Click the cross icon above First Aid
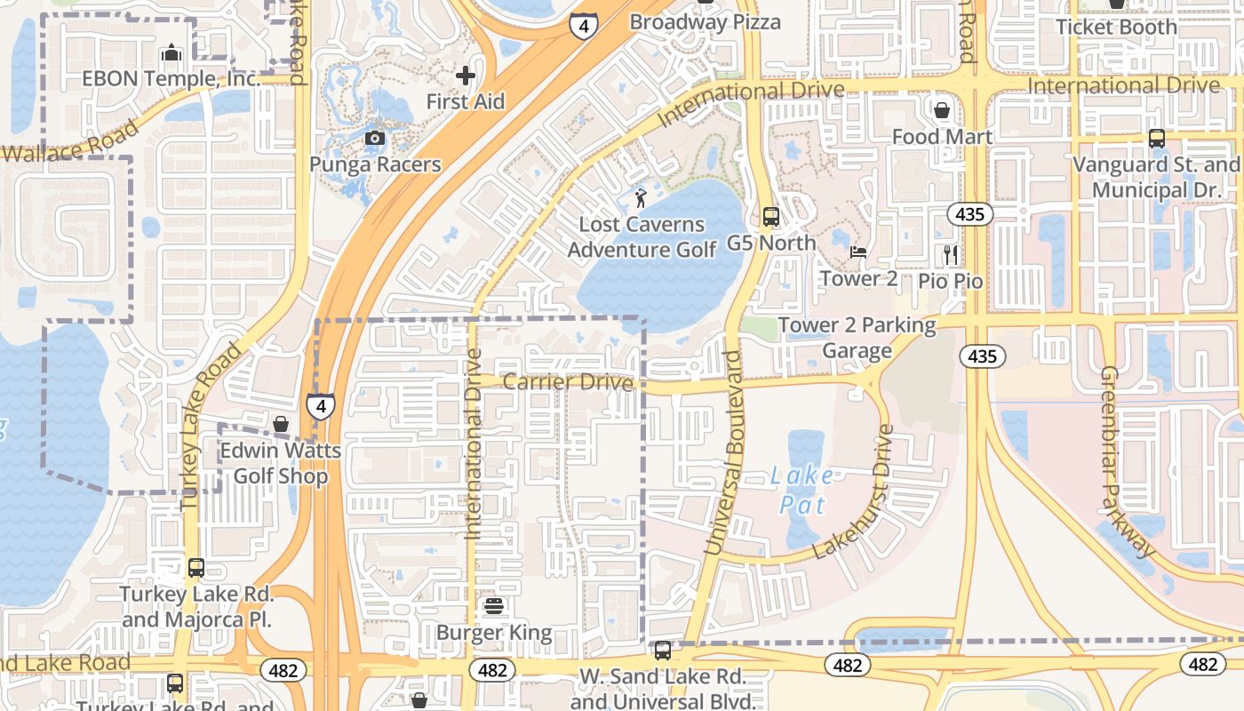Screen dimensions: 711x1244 465,76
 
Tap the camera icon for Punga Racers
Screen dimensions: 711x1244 375,138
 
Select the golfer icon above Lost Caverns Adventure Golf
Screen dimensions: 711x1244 641,197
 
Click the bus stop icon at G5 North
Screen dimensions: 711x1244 770,217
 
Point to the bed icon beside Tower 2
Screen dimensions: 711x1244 858,252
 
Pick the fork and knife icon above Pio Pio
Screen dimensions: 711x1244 951,255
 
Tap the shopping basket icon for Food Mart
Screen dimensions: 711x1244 941,110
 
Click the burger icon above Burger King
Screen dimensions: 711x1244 494,607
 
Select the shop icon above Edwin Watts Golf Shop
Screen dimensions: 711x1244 281,424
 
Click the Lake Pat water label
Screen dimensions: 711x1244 802,491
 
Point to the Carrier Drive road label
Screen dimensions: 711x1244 568,382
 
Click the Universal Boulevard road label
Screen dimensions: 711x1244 723,453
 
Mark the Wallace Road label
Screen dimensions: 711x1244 69,142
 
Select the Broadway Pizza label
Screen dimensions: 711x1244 705,21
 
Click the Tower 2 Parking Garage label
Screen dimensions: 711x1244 857,338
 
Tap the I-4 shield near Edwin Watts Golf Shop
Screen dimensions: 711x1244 321,406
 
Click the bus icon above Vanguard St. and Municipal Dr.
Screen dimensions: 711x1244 1156,139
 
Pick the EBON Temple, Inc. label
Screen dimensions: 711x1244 171,78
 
